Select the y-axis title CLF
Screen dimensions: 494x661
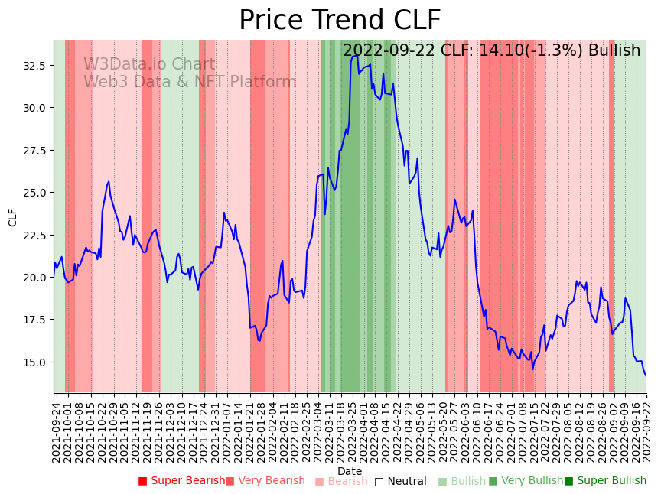pos(13,217)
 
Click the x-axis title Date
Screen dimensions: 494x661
pos(350,471)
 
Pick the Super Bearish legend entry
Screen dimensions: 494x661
pos(182,481)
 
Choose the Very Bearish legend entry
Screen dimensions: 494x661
pos(265,481)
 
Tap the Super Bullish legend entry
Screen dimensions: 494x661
pos(605,481)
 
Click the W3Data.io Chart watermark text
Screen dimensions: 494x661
pos(149,65)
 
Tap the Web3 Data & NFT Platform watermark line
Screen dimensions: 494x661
pos(190,82)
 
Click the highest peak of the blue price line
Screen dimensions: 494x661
pos(357,55)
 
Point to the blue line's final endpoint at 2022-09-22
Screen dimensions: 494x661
pos(646,376)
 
